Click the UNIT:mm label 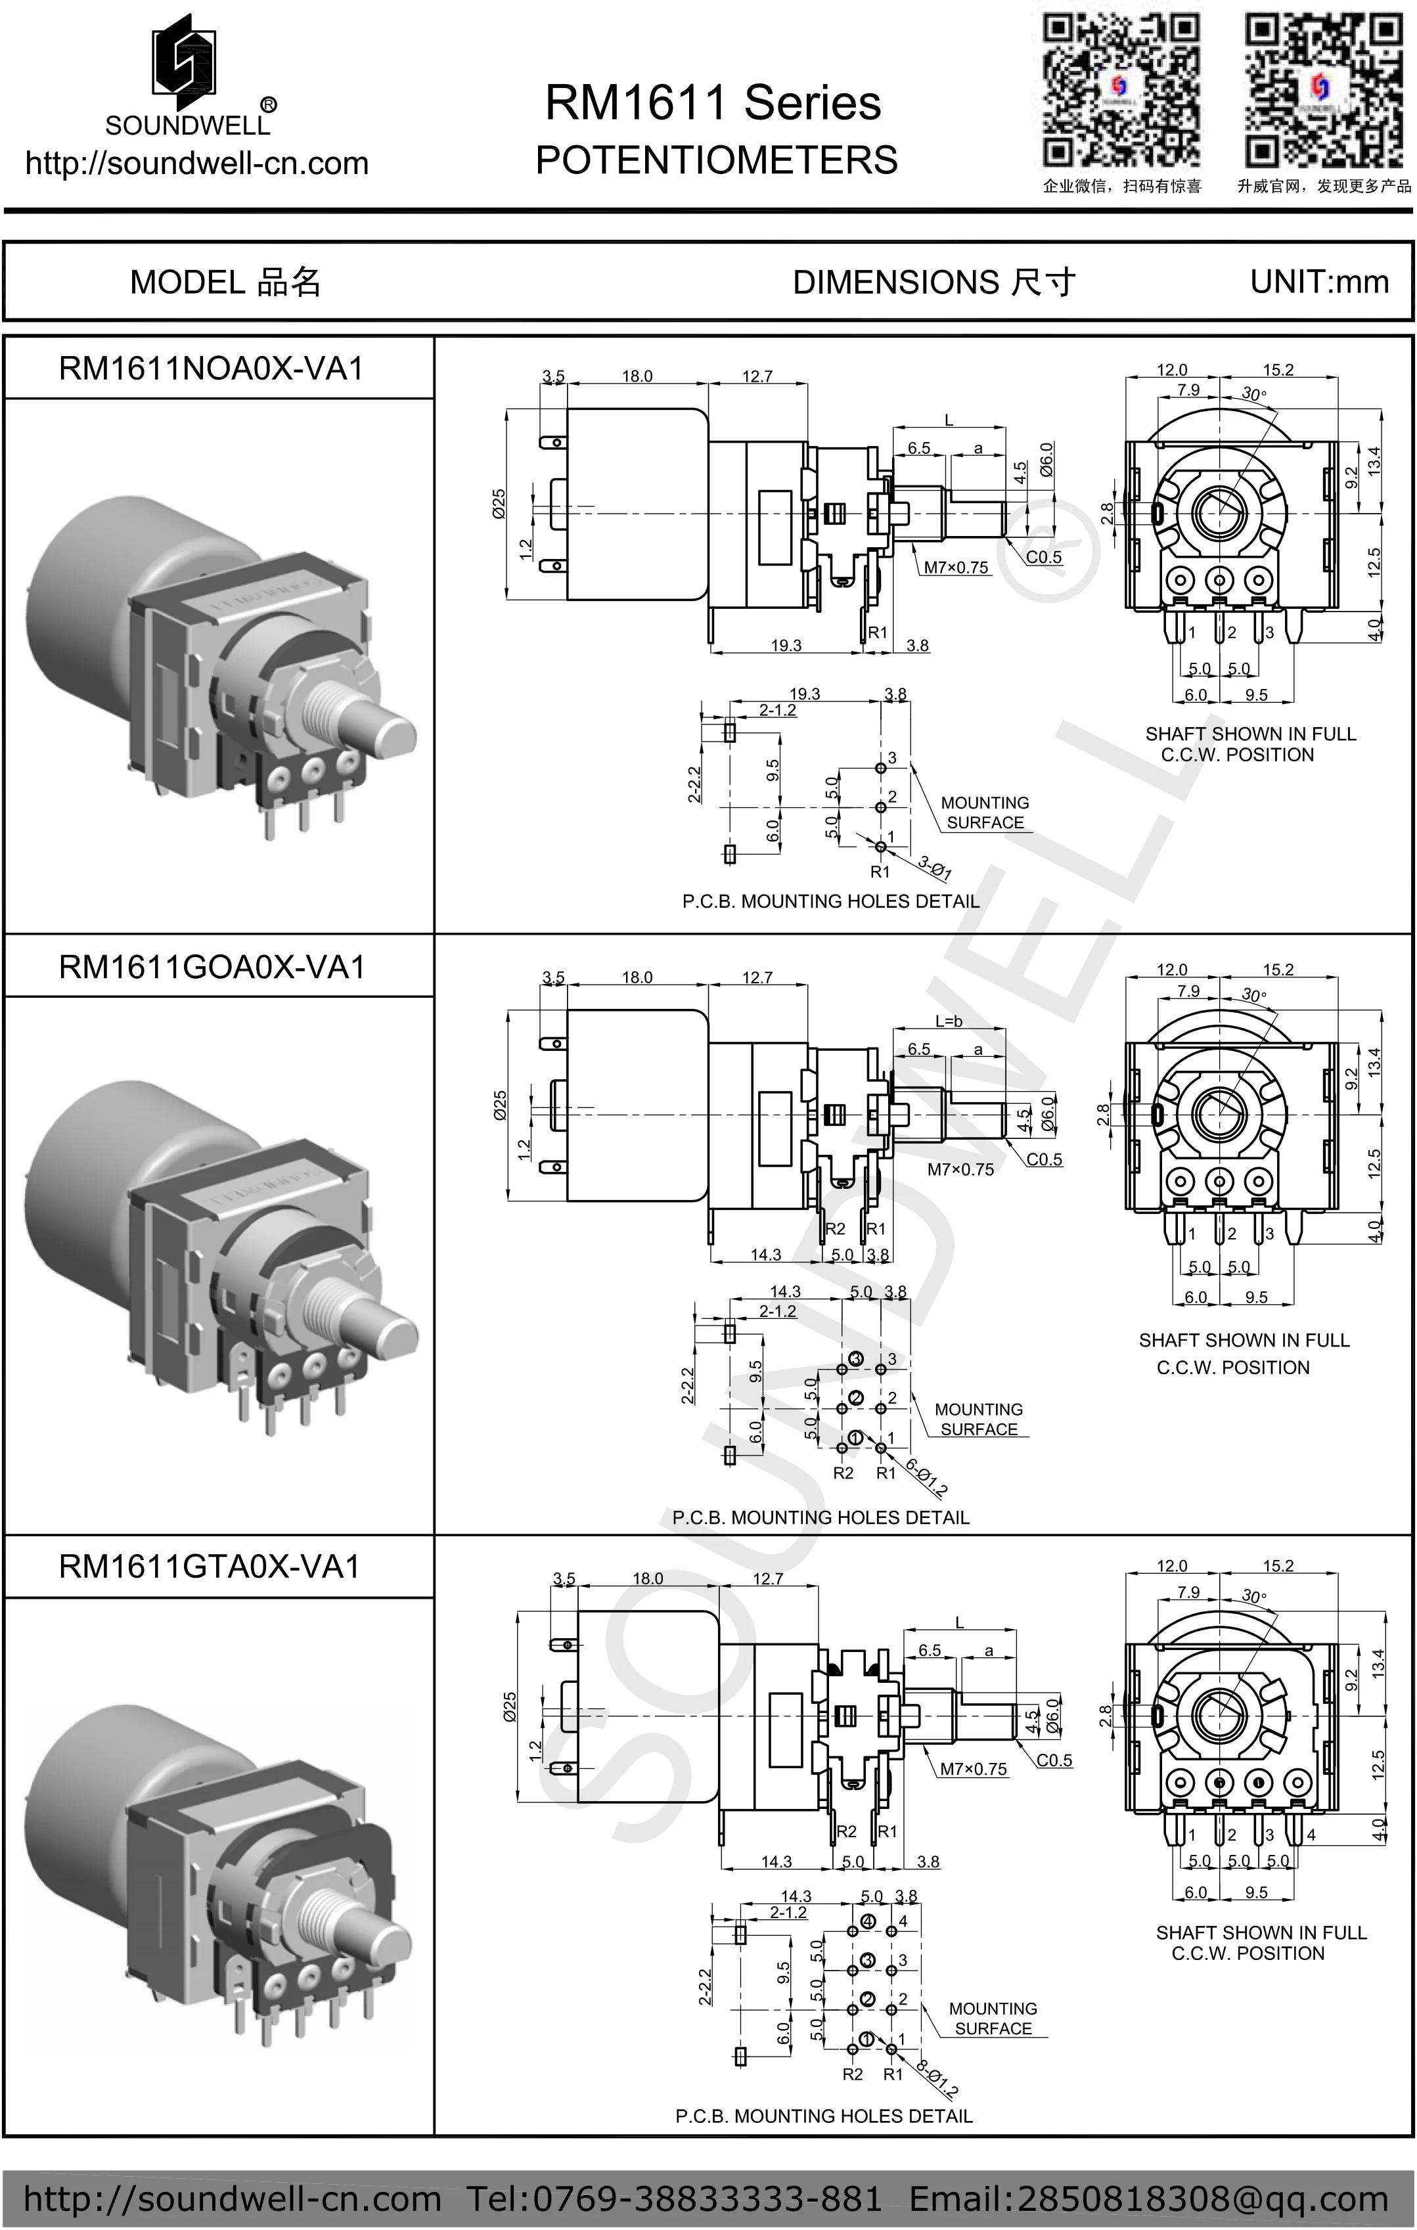coord(1319,282)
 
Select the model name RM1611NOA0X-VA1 coord(211,368)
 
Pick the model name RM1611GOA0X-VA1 coord(211,967)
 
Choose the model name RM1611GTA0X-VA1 coord(210,1566)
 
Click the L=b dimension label coord(949,1021)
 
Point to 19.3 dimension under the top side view coord(786,646)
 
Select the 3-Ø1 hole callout coord(935,868)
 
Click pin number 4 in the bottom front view coord(1311,1834)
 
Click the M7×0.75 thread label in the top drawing coord(956,568)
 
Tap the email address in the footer coord(1148,2198)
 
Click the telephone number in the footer coord(673,2198)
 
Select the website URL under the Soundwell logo coord(196,163)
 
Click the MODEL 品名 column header coord(225,282)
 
